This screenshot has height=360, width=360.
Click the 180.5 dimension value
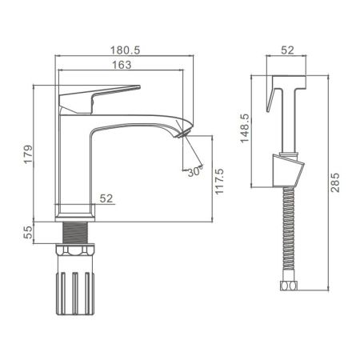click(x=126, y=50)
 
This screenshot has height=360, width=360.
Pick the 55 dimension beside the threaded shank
click(x=27, y=233)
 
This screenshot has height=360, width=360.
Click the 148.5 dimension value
click(x=246, y=126)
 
